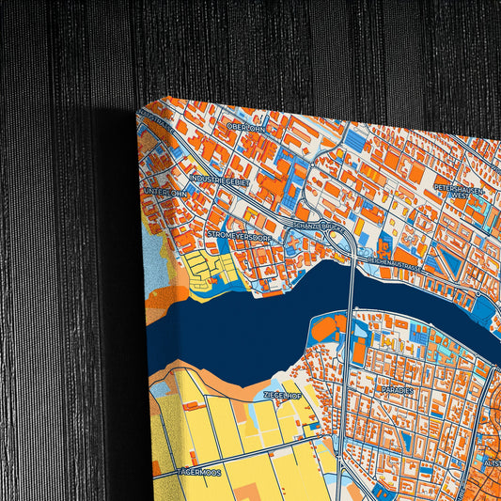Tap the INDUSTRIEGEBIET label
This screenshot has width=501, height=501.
tap(219, 177)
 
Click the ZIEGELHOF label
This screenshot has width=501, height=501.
tap(282, 396)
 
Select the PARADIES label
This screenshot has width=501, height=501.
tap(397, 387)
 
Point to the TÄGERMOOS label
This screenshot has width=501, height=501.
tap(197, 472)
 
